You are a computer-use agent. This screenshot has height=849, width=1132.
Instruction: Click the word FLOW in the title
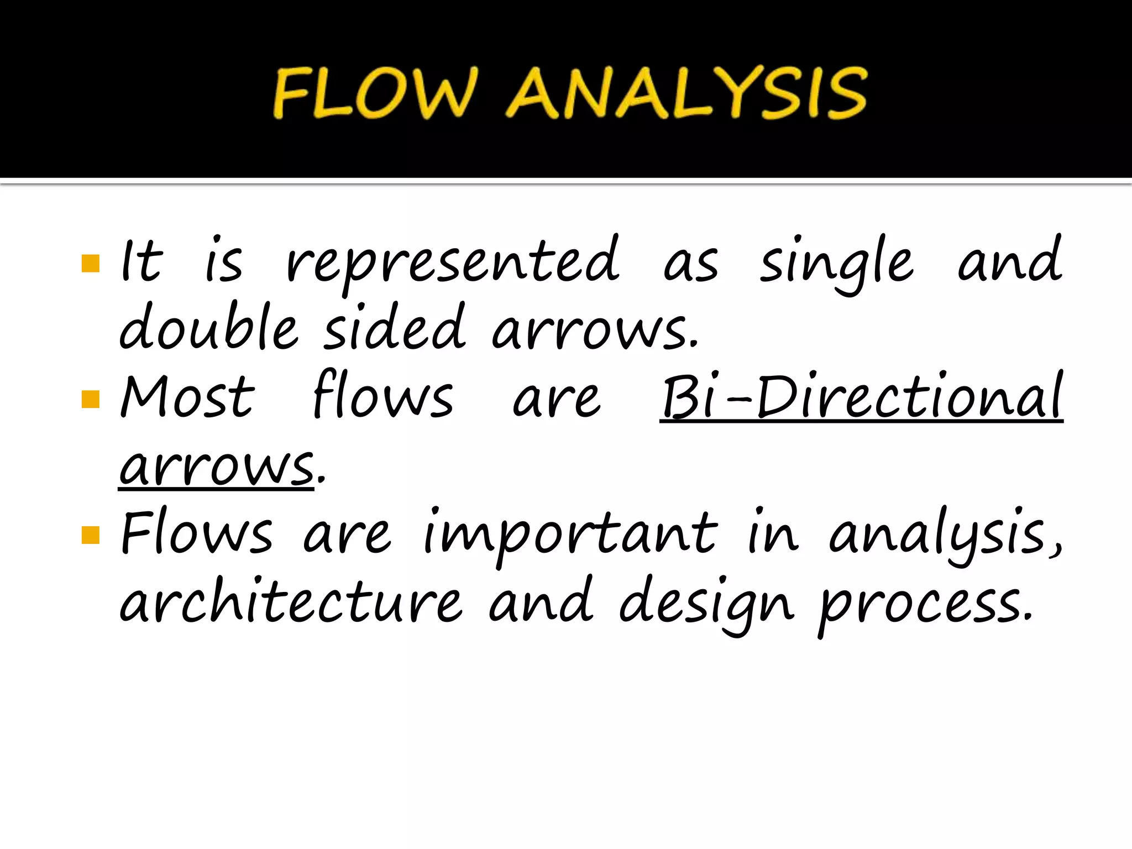(x=374, y=93)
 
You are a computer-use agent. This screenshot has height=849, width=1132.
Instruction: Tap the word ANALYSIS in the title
(x=686, y=93)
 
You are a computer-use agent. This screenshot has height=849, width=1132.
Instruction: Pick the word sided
(x=394, y=327)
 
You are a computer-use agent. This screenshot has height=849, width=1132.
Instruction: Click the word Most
(x=187, y=397)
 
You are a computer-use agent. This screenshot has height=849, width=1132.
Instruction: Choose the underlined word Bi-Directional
(x=861, y=397)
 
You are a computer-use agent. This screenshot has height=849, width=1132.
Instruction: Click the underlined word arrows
(x=217, y=468)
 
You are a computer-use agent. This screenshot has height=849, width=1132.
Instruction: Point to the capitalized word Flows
(x=197, y=533)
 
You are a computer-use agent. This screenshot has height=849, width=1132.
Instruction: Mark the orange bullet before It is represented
(x=90, y=264)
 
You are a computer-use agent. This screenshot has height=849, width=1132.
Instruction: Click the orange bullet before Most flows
(x=90, y=399)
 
